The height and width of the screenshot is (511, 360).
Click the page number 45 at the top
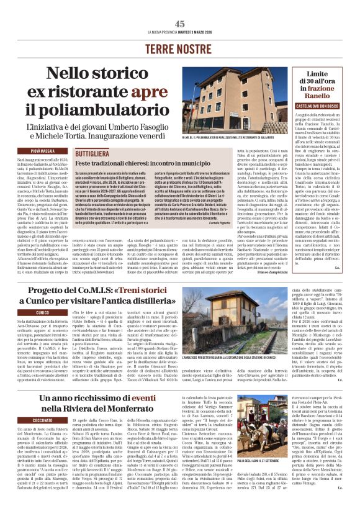click(x=180, y=24)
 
